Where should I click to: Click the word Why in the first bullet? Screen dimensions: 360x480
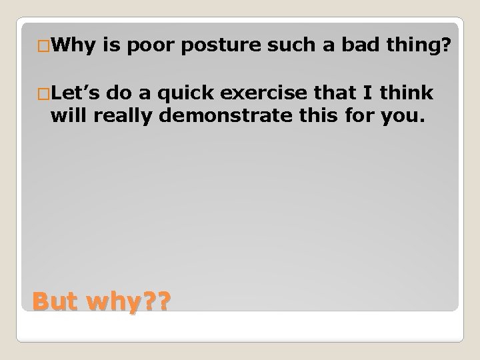tap(73, 45)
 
